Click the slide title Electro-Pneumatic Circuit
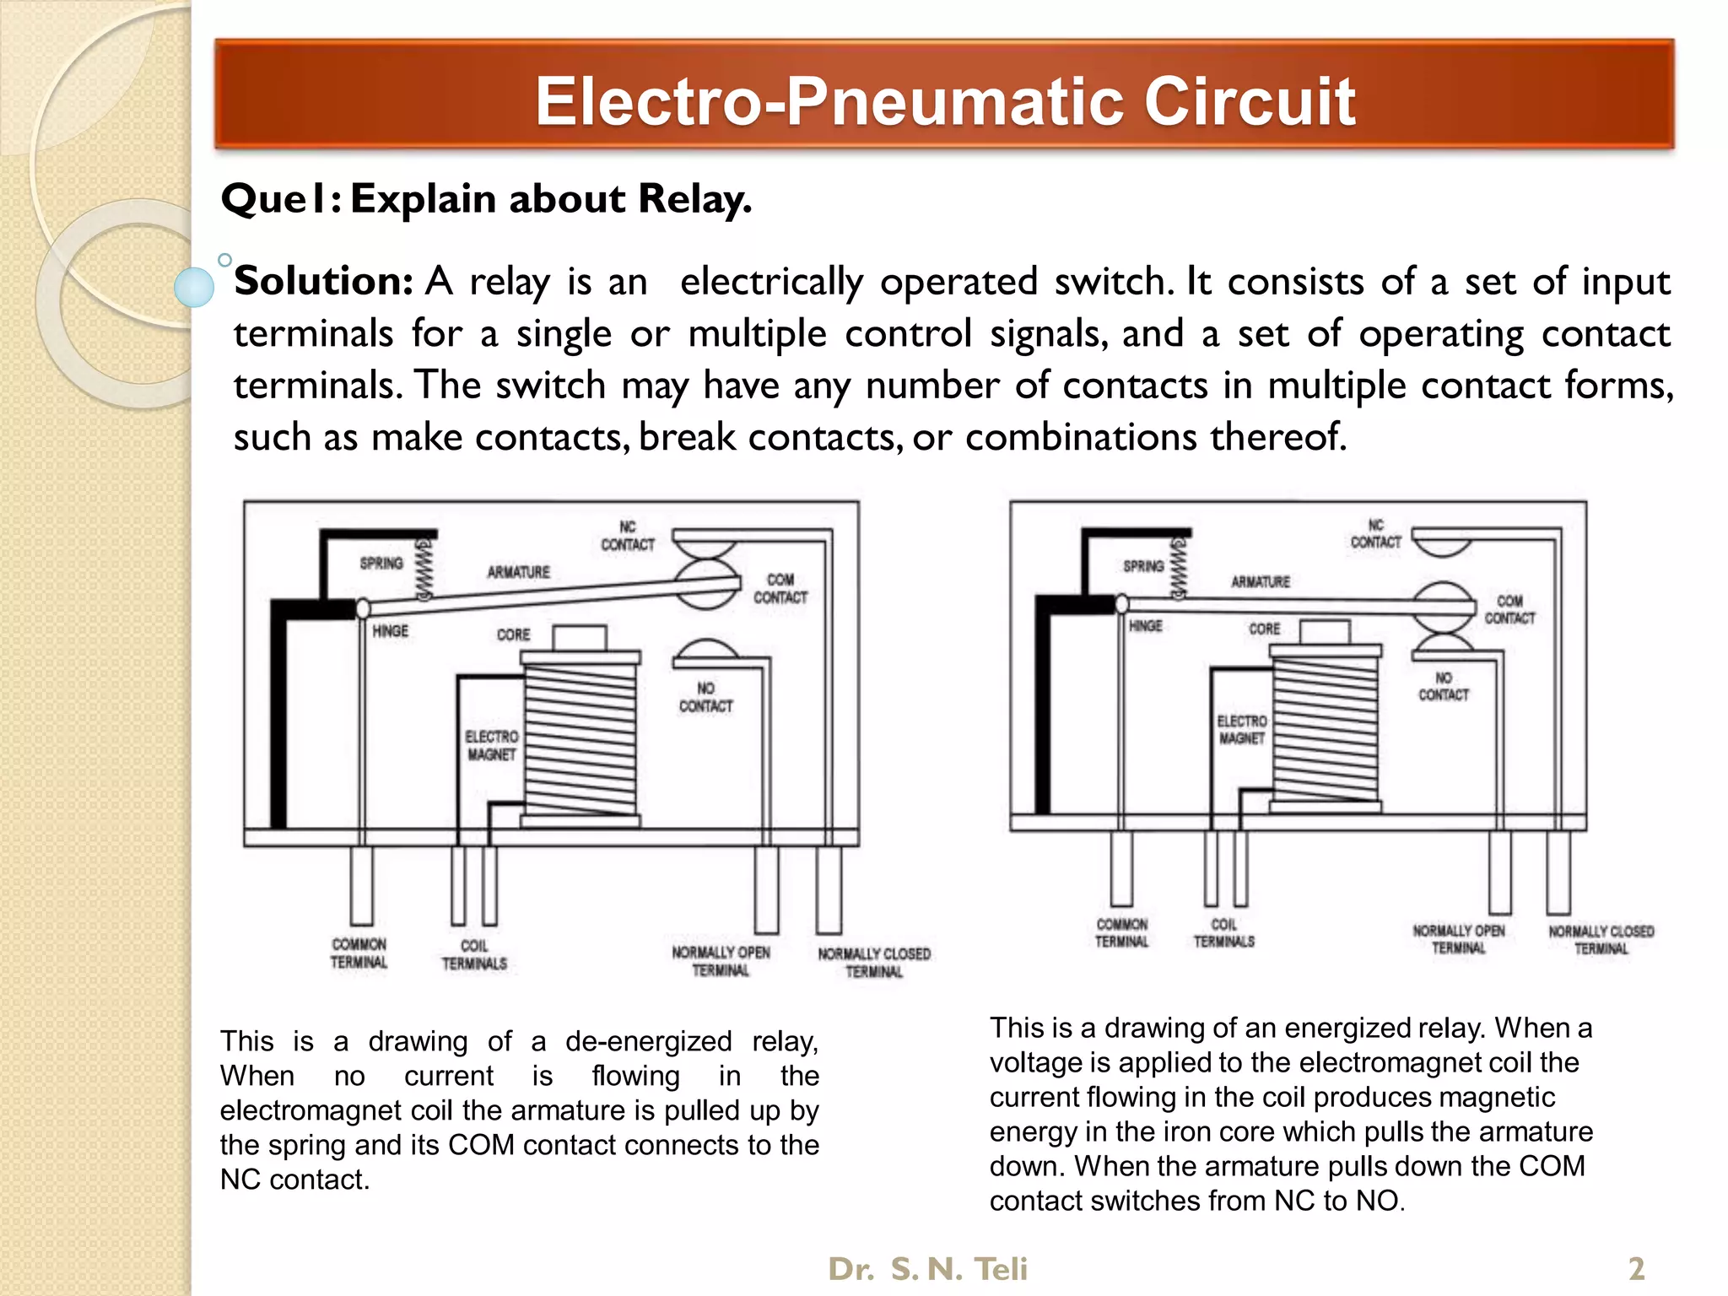tap(944, 101)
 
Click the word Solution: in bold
tap(323, 281)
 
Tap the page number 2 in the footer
tap(1636, 1269)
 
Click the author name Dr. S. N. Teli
tap(927, 1269)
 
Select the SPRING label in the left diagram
tap(381, 563)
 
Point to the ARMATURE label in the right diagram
tap(1260, 582)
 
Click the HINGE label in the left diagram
tap(390, 631)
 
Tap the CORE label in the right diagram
tap(1264, 629)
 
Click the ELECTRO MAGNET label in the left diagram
tap(492, 745)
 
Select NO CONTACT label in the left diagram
tap(705, 698)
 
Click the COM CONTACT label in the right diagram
tap(1509, 609)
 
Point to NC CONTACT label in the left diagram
tap(627, 536)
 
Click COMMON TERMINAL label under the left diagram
tap(359, 953)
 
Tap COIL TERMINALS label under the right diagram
tap(1223, 933)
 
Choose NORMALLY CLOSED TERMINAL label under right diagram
tap(1601, 940)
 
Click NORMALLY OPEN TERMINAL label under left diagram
tap(721, 961)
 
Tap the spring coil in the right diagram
tap(1178, 568)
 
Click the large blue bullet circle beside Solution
tap(194, 286)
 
